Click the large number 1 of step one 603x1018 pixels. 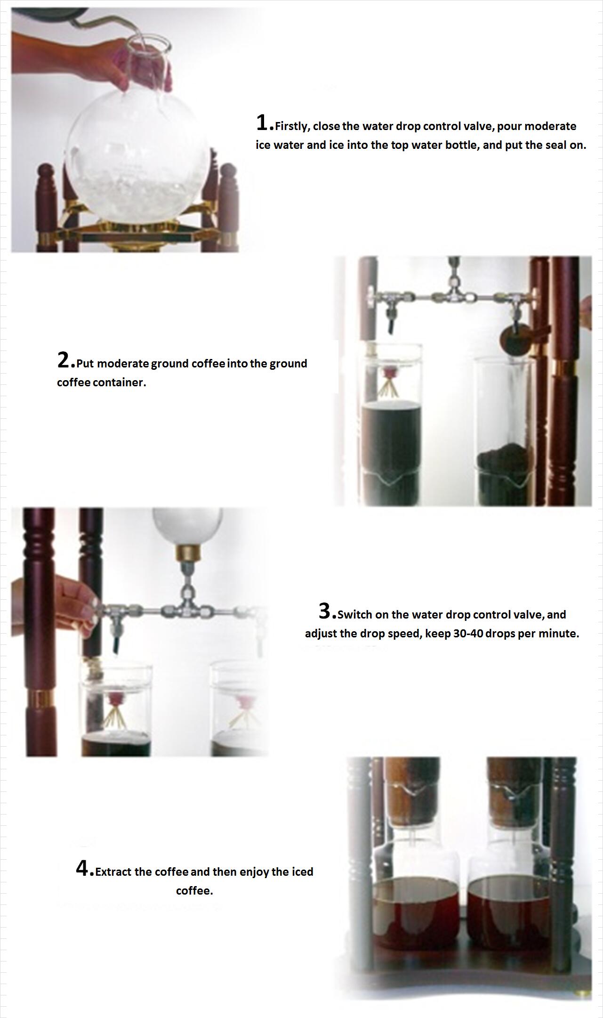click(x=262, y=122)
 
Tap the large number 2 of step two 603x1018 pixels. click(x=64, y=360)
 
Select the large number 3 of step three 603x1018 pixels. click(x=325, y=611)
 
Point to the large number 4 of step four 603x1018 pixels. click(x=83, y=868)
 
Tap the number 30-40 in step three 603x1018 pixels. click(x=468, y=634)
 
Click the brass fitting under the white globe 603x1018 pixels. click(x=187, y=554)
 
